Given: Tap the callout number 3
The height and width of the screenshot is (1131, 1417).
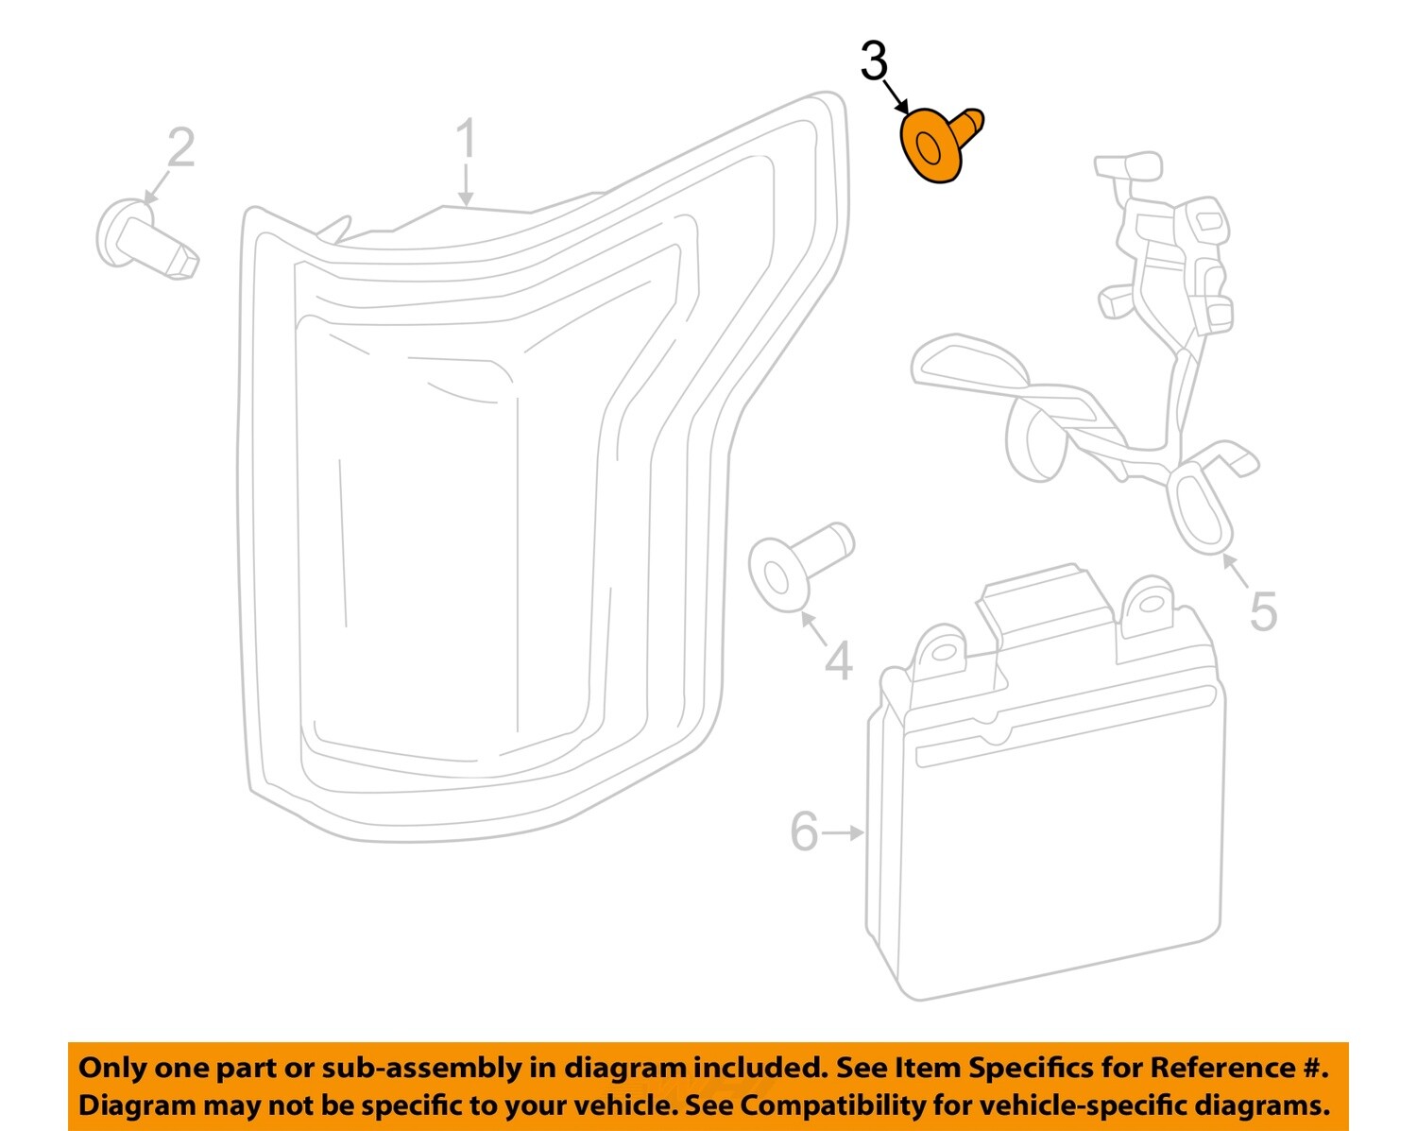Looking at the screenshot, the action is coord(874,62).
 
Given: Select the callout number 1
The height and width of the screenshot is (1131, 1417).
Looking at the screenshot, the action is coord(467,140).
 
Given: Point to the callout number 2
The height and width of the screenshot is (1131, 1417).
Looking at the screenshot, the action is coord(181,148).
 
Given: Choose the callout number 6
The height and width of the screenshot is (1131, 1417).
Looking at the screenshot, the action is coord(804,832).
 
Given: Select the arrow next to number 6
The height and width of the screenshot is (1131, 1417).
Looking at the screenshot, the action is coord(844,832).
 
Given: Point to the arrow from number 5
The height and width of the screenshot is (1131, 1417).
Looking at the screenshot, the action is coord(1236,568).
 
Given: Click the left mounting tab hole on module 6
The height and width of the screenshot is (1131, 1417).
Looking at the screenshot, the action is coord(941,651).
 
